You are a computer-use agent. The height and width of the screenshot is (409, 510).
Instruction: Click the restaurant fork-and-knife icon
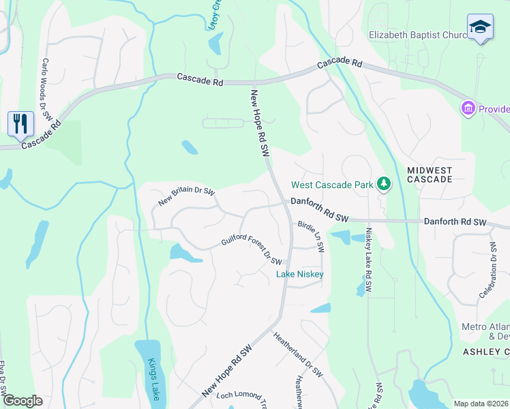coord(20,123)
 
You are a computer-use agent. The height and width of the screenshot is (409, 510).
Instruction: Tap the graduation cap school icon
coord(480,27)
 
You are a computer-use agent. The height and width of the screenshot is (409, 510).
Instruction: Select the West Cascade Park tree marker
coord(384,184)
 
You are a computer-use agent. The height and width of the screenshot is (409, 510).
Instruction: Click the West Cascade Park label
coord(332,185)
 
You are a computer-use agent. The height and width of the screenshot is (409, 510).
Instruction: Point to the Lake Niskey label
coord(299,274)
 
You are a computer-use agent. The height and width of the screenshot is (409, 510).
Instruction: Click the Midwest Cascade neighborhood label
coord(430,174)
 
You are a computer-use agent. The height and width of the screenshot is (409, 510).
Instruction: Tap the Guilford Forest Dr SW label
coord(252,252)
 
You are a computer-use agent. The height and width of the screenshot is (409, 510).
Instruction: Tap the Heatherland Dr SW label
coord(298,354)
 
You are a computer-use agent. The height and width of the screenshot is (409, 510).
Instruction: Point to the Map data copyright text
coord(481,404)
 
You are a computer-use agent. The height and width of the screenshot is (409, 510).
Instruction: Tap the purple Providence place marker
coord(468,108)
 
